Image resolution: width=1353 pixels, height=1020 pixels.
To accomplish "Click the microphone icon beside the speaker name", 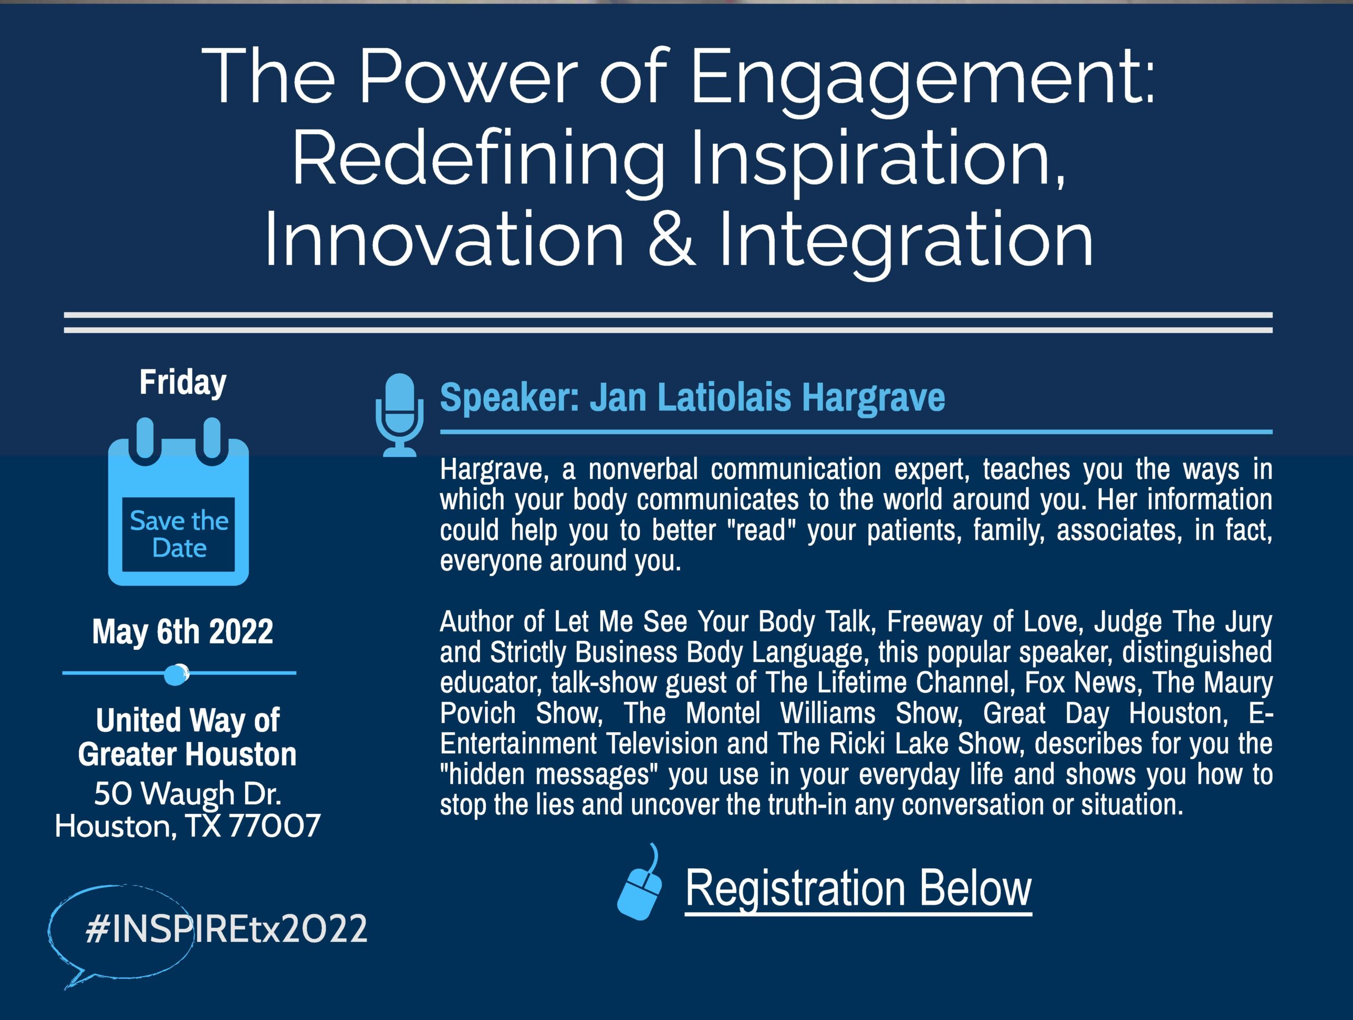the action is pyautogui.click(x=399, y=415).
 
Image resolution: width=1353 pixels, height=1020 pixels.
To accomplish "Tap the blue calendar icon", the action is pyautogui.click(x=179, y=502).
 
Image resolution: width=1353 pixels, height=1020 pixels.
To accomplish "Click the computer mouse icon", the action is pyautogui.click(x=641, y=883).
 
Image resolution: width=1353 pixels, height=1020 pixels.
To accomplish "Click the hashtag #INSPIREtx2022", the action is pyautogui.click(x=226, y=929).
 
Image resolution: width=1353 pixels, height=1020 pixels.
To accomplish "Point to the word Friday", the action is pyautogui.click(x=183, y=383).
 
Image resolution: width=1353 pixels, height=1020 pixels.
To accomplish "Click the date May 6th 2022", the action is pyautogui.click(x=182, y=631).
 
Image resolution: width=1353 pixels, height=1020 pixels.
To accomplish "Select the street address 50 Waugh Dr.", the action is pyautogui.click(x=188, y=794).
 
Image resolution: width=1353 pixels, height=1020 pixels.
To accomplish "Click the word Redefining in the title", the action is pyautogui.click(x=479, y=160).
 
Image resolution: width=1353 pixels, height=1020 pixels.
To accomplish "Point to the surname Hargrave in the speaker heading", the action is pyautogui.click(x=874, y=398).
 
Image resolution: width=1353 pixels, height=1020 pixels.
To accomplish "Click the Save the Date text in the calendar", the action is pyautogui.click(x=179, y=534).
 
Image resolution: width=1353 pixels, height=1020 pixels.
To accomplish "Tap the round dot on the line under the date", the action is pyautogui.click(x=176, y=674).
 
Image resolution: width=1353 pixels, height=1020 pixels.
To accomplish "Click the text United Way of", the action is pyautogui.click(x=188, y=720).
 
